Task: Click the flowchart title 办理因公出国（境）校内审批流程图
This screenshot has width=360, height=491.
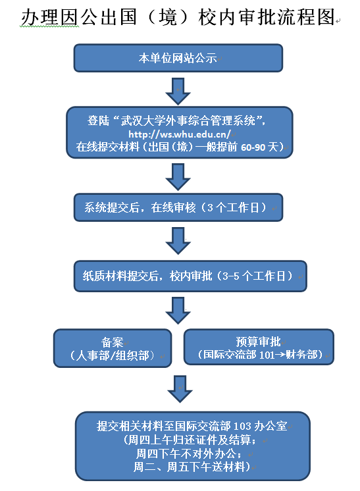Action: coord(178,17)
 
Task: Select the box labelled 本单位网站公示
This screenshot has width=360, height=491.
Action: coord(178,58)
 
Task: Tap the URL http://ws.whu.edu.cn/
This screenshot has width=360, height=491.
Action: coord(180,134)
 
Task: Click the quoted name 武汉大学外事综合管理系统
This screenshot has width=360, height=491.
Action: coord(188,120)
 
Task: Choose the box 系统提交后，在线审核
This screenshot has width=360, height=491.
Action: coord(178,207)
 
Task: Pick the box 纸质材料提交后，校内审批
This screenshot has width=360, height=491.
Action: coord(190,276)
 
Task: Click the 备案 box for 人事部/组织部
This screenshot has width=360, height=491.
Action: coord(113,348)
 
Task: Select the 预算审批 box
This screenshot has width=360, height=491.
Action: coord(259,347)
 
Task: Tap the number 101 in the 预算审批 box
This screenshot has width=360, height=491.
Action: coord(267,355)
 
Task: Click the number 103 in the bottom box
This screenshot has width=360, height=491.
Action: coord(242,426)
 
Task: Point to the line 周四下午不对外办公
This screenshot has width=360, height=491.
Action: coord(189,453)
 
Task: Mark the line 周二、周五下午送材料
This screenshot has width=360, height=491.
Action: coord(192,467)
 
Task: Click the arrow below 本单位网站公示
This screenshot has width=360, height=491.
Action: coord(178,91)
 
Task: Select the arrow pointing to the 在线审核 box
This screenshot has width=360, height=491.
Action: coord(178,177)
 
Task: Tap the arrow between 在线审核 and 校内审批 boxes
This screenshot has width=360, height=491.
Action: coord(178,241)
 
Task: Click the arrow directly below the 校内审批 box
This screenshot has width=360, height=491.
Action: coord(178,311)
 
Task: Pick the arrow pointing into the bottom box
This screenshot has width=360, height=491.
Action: coord(180,389)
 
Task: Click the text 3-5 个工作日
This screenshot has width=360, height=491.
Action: coord(257,276)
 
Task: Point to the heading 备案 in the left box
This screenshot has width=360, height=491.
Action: coord(113,342)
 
